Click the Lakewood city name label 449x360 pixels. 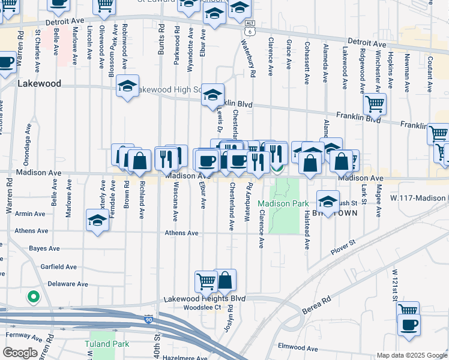40,83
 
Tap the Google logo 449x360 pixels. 19,353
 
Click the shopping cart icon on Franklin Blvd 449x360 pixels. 375,104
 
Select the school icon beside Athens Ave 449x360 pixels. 97,220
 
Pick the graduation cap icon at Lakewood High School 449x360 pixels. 127,86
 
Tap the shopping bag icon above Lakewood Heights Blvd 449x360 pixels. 225,280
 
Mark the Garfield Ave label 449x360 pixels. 60,267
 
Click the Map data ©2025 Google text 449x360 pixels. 411,355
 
